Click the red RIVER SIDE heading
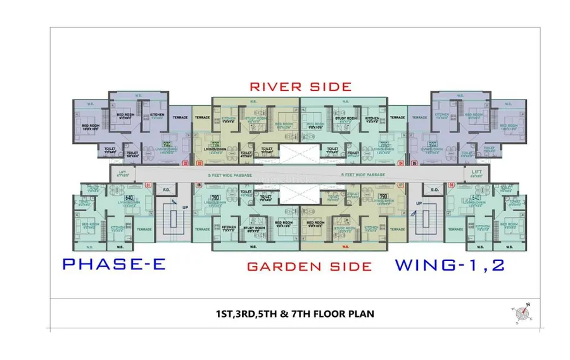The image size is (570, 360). (300, 86)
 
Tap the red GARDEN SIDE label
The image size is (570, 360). (309, 266)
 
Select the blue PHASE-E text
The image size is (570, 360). (115, 264)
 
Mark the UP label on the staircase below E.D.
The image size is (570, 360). (419, 203)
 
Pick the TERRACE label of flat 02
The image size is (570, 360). (181, 119)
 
